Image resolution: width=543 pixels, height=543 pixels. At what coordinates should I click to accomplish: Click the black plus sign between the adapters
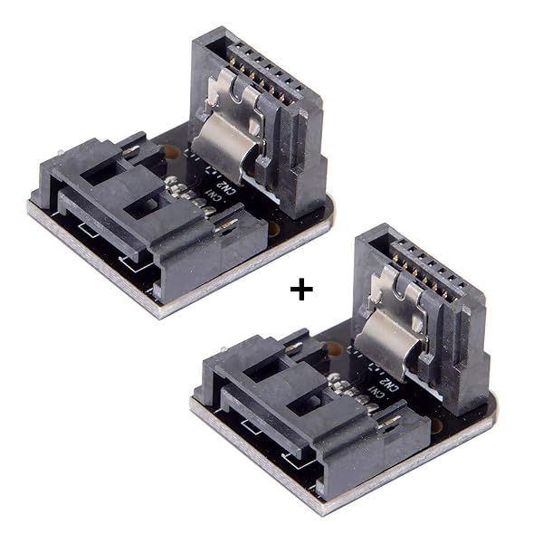(300, 290)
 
